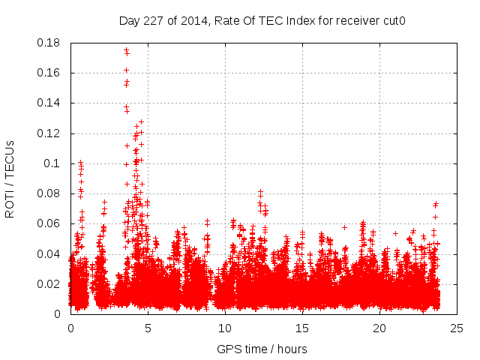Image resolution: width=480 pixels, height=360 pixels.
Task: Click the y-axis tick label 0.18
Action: click(49, 43)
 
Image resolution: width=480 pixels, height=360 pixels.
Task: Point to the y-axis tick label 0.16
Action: click(49, 73)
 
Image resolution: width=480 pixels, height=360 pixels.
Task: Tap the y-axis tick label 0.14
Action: click(49, 103)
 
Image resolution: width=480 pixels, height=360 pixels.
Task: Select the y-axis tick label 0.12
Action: click(49, 133)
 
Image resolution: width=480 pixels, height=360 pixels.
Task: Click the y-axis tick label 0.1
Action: click(52, 163)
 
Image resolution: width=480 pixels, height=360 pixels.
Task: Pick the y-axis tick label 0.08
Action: click(49, 193)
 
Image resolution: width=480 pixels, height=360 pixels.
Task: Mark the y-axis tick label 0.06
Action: click(49, 223)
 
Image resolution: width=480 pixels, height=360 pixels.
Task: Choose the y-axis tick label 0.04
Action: click(49, 253)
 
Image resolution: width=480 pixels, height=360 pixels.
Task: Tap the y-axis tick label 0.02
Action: click(49, 284)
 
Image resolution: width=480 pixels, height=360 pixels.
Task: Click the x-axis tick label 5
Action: click(148, 328)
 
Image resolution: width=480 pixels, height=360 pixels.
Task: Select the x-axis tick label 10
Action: click(225, 328)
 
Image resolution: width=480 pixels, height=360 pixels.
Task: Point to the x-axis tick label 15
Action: click(302, 328)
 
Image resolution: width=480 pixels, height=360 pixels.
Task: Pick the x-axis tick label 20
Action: click(379, 328)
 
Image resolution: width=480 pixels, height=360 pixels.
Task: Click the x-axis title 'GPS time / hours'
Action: click(262, 349)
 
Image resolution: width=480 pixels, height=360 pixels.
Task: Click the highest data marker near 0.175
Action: click(126, 50)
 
